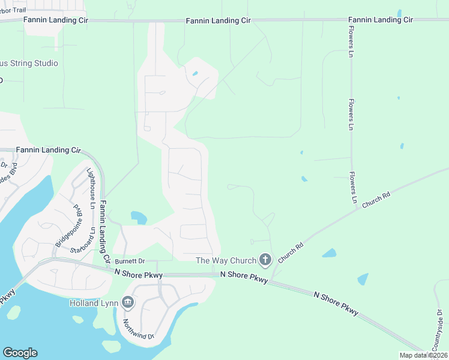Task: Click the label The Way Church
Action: [226, 260]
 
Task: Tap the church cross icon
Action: [266, 260]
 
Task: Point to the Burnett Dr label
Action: [130, 262]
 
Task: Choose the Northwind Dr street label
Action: [139, 328]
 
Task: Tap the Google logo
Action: [20, 353]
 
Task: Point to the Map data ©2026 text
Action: [424, 355]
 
